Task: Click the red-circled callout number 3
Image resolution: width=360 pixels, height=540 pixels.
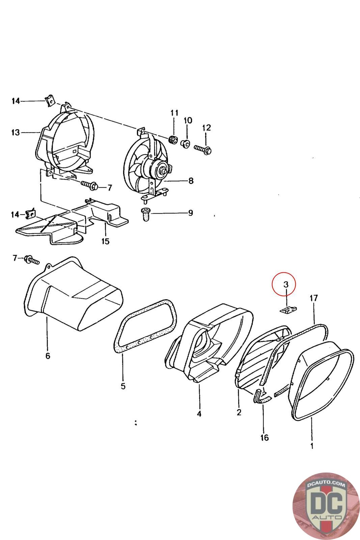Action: click(285, 285)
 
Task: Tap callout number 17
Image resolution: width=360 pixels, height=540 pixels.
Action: click(314, 298)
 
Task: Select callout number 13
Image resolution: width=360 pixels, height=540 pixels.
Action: click(16, 132)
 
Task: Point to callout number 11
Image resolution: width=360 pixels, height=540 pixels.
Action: click(174, 113)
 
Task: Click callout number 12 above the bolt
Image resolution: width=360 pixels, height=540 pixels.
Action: click(206, 128)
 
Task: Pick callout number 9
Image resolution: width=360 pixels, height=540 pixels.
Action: click(190, 213)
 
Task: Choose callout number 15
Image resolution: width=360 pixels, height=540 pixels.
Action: click(106, 241)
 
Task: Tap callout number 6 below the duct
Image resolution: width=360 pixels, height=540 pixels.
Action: click(48, 355)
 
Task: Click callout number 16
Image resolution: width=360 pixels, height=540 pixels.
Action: click(265, 437)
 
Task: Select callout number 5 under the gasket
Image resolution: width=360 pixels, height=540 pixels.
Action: click(123, 385)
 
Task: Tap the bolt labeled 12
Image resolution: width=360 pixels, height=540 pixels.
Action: click(203, 149)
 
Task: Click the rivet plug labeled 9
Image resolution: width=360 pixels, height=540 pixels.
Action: click(146, 214)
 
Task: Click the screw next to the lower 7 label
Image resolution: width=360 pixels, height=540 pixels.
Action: click(32, 260)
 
